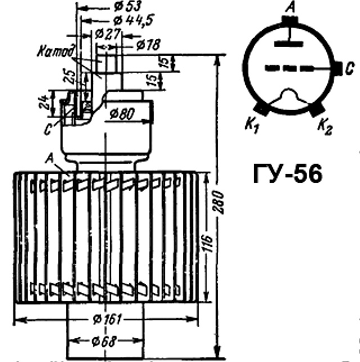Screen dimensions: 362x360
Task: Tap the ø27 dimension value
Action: point(107,34)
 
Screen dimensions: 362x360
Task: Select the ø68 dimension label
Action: point(106,341)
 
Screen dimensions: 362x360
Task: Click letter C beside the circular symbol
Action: point(349,68)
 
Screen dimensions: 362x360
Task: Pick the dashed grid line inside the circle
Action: point(290,69)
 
